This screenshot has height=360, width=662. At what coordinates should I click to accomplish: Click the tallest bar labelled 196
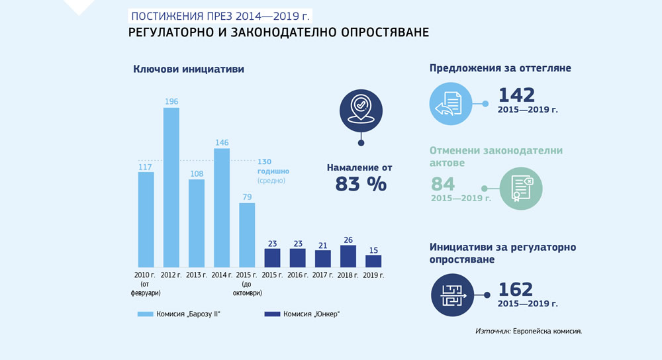(171, 187)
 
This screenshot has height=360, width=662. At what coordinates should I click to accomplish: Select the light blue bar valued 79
(247, 235)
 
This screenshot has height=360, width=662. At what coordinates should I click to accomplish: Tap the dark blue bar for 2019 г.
(373, 261)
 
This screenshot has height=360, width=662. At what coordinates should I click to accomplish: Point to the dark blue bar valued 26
(348, 256)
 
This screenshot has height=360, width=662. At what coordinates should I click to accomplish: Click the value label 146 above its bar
(222, 142)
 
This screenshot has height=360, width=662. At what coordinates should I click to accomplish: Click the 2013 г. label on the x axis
(197, 275)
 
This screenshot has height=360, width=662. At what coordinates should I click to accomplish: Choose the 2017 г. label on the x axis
(323, 275)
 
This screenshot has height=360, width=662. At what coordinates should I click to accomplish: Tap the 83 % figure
(361, 184)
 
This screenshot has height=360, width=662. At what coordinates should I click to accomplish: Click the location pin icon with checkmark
(361, 109)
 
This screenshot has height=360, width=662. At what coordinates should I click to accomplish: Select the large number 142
(516, 95)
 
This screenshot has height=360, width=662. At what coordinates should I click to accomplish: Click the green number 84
(444, 184)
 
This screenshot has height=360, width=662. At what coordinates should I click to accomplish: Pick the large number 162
(514, 289)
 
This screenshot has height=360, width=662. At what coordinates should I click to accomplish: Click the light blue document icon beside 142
(451, 104)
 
